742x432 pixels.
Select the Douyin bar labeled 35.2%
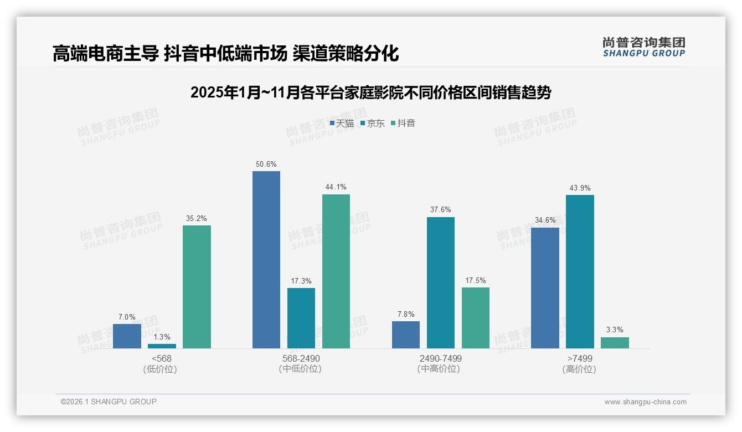pos(197,286)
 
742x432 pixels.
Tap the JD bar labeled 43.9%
pos(580,271)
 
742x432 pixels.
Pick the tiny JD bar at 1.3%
pos(162,346)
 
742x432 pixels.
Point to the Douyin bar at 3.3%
pos(615,342)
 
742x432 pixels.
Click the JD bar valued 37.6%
pos(441,282)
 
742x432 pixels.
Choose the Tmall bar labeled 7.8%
pos(406,335)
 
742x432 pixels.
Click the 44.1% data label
pos(336,187)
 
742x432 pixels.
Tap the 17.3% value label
pos(301,281)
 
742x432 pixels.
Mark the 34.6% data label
pos(545,220)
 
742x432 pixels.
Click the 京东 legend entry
pos(372,123)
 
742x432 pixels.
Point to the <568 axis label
pos(162,358)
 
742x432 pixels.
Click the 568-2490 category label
pos(301,358)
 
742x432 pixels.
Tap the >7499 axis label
pos(580,358)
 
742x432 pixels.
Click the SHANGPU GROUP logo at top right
pos(643,47)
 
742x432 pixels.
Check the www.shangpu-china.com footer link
pos(645,402)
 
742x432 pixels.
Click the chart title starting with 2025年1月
pos(370,92)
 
